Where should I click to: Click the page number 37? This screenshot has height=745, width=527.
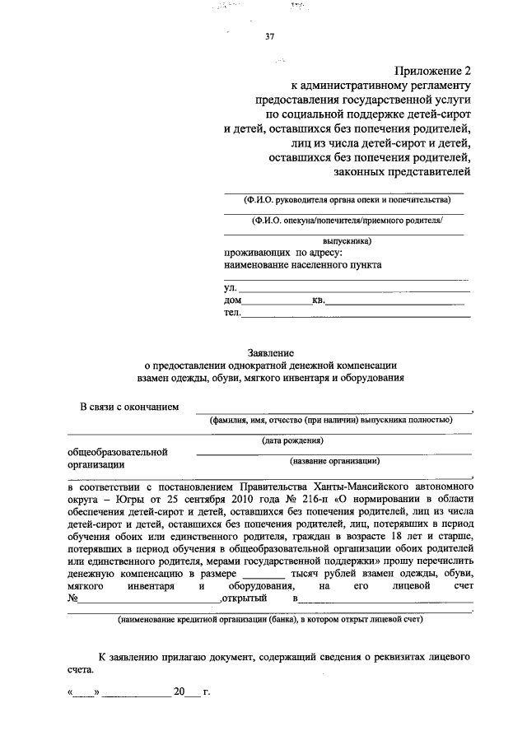(270, 36)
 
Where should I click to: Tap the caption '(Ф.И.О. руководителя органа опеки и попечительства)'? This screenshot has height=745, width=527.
(347, 200)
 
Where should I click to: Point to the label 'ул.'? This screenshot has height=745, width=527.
(231, 288)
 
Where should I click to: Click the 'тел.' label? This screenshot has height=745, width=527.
(232, 313)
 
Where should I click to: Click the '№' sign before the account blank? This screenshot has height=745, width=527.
(72, 598)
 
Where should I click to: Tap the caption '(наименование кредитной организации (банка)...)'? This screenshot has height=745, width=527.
(270, 619)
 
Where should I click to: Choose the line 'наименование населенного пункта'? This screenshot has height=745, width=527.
(303, 265)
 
